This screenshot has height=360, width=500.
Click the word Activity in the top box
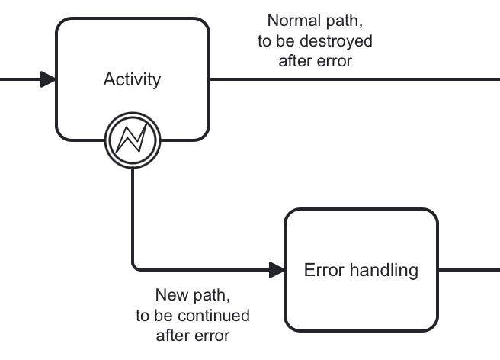pyautogui.click(x=132, y=80)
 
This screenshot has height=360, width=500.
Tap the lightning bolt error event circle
pyautogui.click(x=133, y=138)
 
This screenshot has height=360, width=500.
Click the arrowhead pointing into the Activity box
pyautogui.click(x=48, y=79)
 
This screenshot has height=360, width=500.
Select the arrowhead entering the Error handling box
pyautogui.click(x=277, y=269)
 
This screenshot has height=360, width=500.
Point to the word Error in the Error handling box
pyautogui.click(x=323, y=270)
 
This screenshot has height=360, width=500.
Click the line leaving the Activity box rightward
pyautogui.click(x=351, y=79)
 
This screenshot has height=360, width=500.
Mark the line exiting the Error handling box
pyautogui.click(x=469, y=269)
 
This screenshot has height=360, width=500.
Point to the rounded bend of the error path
pyautogui.click(x=136, y=266)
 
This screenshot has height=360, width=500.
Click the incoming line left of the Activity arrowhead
pyautogui.click(x=19, y=79)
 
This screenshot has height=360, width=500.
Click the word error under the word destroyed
pyautogui.click(x=335, y=62)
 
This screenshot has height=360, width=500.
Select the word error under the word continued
pyautogui.click(x=212, y=336)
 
